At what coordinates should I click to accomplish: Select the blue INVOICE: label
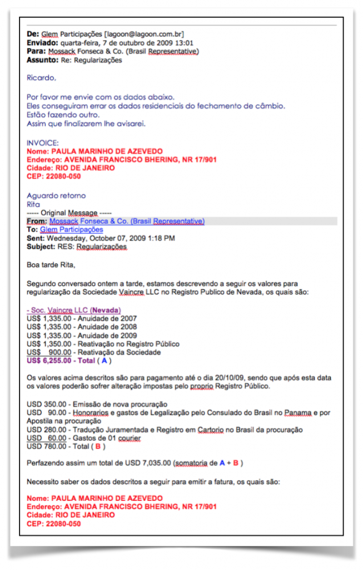coord(42,143)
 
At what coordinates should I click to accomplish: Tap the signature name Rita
coord(33,204)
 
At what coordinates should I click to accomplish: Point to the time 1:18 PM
coord(162,238)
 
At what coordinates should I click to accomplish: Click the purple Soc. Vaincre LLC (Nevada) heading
coord(73,310)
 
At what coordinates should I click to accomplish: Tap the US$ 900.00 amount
coord(49,352)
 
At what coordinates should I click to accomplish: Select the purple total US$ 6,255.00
coord(49,361)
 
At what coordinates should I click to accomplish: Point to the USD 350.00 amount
coord(45,404)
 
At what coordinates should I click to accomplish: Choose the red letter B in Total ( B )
coord(98,446)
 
